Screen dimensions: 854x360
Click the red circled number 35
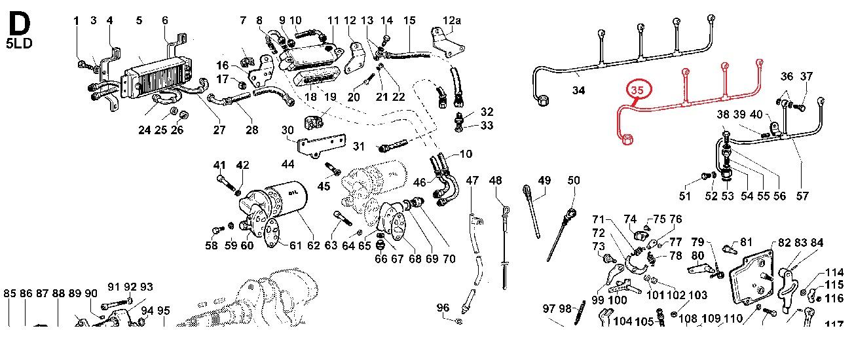click(637, 90)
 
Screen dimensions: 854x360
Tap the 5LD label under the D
click(19, 43)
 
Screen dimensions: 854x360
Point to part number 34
click(578, 90)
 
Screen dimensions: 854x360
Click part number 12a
click(452, 20)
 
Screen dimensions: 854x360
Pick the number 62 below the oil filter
click(314, 245)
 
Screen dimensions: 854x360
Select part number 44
click(288, 164)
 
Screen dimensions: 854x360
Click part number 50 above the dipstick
click(574, 180)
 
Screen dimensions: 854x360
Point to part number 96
click(443, 308)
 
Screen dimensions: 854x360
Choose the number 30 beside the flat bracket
click(288, 130)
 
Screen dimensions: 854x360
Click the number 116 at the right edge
click(834, 298)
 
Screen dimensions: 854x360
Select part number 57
click(802, 196)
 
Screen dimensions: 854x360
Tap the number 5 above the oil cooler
click(139, 20)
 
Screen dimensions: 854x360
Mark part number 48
click(495, 180)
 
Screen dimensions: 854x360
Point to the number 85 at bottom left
click(10, 293)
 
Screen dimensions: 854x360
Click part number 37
click(806, 76)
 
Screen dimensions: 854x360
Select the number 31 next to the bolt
click(358, 146)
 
